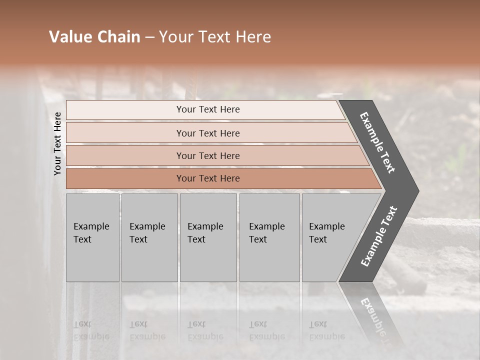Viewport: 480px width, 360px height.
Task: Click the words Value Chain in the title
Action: tap(94, 37)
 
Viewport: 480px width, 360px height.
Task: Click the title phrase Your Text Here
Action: tap(215, 37)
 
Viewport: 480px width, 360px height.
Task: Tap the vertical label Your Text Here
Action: tap(58, 143)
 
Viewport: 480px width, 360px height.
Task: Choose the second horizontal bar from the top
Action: tap(207, 133)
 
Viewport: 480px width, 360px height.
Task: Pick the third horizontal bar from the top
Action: tap(207, 156)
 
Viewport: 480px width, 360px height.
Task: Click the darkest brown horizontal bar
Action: tap(207, 178)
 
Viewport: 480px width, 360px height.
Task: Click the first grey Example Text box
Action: tap(92, 238)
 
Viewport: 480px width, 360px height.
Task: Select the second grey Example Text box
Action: tap(149, 238)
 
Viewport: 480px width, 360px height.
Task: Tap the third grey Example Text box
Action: tap(208, 238)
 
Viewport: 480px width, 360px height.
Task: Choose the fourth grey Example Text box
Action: tap(269, 238)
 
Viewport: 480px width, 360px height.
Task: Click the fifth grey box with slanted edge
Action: tap(332, 238)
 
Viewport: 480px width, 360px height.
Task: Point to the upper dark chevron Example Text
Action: tap(378, 142)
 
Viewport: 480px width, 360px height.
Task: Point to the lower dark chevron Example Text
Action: tap(379, 236)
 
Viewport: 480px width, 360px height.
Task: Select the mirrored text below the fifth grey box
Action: tap(326, 330)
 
